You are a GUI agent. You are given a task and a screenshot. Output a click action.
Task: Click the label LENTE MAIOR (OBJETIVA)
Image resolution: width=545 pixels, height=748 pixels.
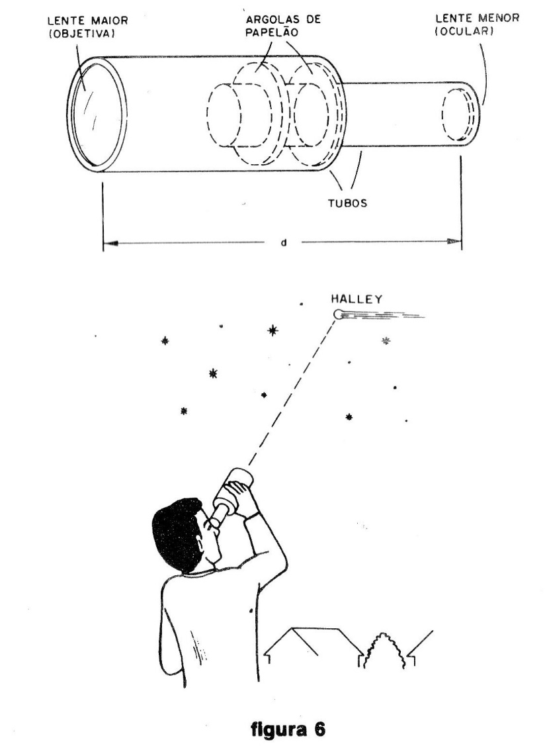[87, 26]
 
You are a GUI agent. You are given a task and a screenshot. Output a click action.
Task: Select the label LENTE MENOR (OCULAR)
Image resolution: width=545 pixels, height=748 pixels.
[477, 24]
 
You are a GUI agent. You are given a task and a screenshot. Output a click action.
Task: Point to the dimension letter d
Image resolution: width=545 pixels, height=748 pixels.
[284, 243]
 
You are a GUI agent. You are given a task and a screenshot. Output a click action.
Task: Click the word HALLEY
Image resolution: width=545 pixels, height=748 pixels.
[356, 299]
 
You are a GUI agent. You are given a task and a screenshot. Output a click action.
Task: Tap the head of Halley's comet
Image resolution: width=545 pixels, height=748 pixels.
[339, 314]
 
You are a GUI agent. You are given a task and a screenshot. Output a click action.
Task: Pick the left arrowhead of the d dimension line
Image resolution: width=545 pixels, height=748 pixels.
[110, 243]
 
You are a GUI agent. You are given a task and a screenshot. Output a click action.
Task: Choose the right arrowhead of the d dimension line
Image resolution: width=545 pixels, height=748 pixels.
[454, 243]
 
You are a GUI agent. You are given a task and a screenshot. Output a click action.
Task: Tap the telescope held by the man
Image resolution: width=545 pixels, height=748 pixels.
[228, 496]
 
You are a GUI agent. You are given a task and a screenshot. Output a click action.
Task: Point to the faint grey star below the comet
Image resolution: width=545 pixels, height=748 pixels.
[386, 341]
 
